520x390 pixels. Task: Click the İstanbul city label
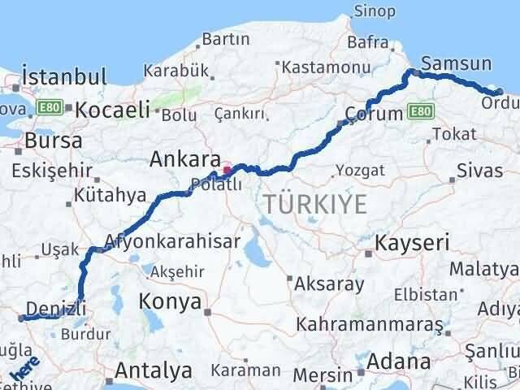[x=65, y=77]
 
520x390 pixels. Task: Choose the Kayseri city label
[x=411, y=242]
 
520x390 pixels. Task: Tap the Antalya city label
[x=154, y=370]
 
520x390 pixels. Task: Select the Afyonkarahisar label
[x=172, y=241]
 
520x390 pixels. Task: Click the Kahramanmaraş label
[x=370, y=325]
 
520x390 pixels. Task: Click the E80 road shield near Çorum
[x=420, y=110]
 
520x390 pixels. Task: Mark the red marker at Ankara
[x=228, y=171]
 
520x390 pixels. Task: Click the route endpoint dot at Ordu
[x=499, y=93]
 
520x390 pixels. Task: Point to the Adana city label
[x=398, y=361]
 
